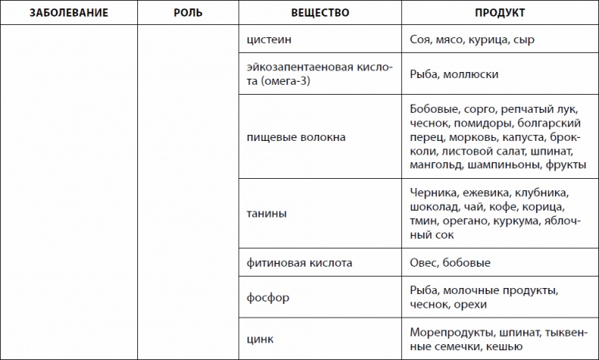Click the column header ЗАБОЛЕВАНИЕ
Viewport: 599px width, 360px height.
click(x=68, y=14)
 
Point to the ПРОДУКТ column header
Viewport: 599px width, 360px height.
click(x=500, y=14)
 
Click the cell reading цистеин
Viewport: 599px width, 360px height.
click(x=269, y=39)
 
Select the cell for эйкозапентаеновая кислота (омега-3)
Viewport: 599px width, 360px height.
click(x=319, y=74)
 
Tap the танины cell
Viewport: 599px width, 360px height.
click(x=267, y=214)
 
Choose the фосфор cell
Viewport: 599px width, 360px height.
click(x=268, y=297)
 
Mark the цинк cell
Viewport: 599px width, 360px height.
click(x=261, y=339)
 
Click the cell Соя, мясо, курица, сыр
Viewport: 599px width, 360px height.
click(x=472, y=39)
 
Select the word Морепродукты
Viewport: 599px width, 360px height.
click(x=449, y=332)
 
